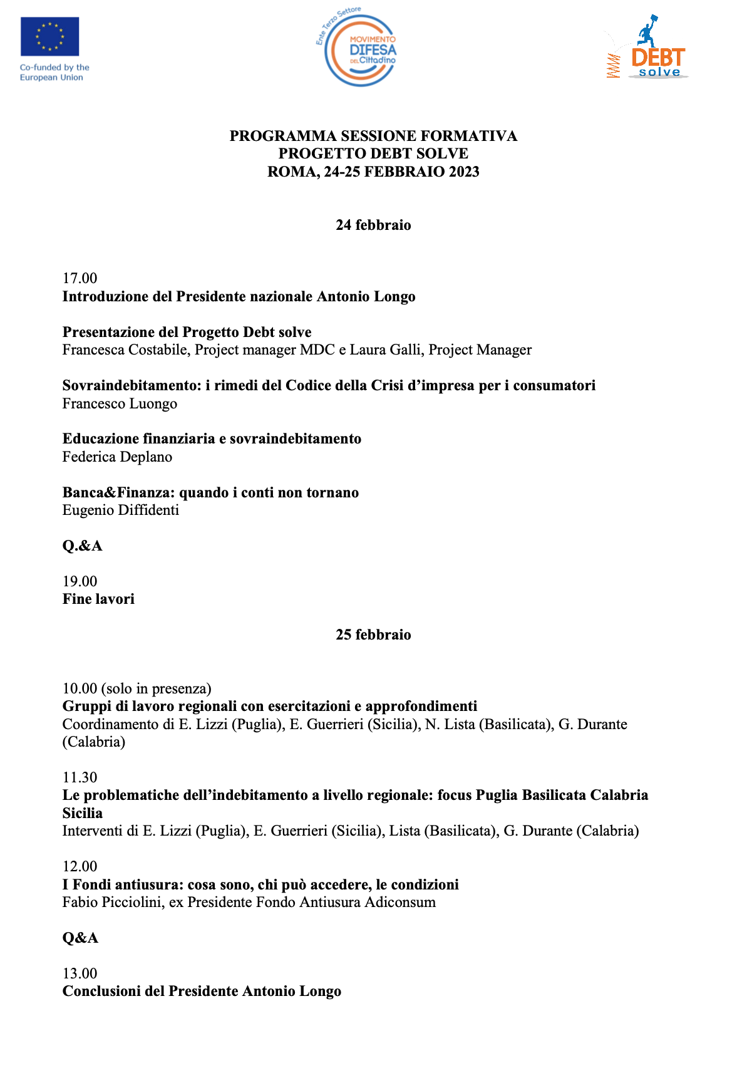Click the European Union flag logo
coord(49,36)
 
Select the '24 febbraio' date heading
coord(373,225)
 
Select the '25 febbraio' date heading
coord(373,635)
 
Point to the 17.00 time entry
coord(80,278)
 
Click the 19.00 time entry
coord(80,581)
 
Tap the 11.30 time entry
coord(80,777)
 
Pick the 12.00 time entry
coord(80,866)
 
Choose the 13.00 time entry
coord(80,973)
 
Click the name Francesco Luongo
coord(120,403)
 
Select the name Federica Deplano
coord(117,457)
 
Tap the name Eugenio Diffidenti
coord(121,510)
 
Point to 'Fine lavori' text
coord(98,599)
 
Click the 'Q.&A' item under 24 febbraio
coord(82,546)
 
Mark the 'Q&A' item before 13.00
coord(80,938)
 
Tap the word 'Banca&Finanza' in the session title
coord(118,492)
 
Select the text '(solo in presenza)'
coord(156,688)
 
